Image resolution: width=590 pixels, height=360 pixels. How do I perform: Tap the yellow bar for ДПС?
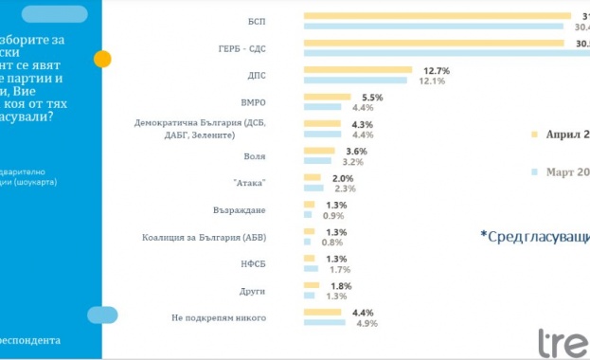coord(357,70)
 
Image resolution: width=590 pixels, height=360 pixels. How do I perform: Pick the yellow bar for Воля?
coord(318,151)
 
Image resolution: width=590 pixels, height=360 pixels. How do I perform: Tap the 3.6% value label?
coord(357,152)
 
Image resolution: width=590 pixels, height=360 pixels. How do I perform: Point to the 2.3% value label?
coord(346,189)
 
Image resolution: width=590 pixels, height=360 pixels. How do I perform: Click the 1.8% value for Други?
coord(338,286)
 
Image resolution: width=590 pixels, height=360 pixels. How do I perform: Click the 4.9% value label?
coord(366,323)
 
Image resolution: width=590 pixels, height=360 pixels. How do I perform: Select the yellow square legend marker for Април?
coord(535,135)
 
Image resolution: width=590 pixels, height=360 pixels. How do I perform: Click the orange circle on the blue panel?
coord(102,59)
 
